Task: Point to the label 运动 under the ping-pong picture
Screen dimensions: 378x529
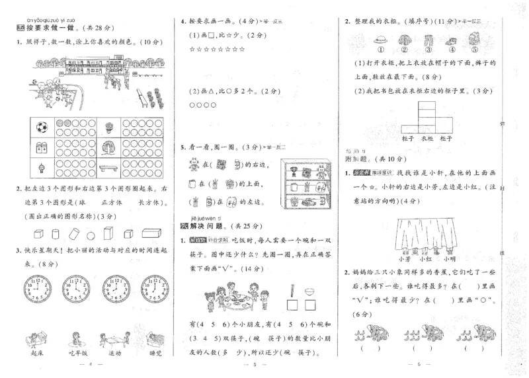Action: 116,354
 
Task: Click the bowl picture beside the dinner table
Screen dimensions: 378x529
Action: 309,289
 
